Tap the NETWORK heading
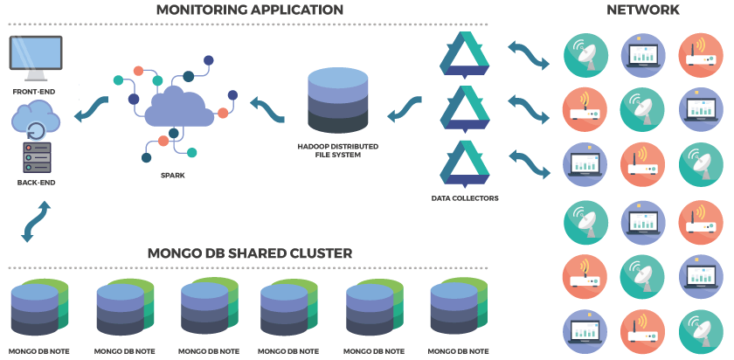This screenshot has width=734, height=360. [x=644, y=10]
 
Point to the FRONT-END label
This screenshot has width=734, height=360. [x=36, y=91]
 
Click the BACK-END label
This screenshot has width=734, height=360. [x=36, y=183]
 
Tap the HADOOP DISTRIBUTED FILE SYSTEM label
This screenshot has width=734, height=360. [x=337, y=150]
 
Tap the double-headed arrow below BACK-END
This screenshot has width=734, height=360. [x=36, y=220]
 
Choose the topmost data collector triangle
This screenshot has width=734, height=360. [x=464, y=53]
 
